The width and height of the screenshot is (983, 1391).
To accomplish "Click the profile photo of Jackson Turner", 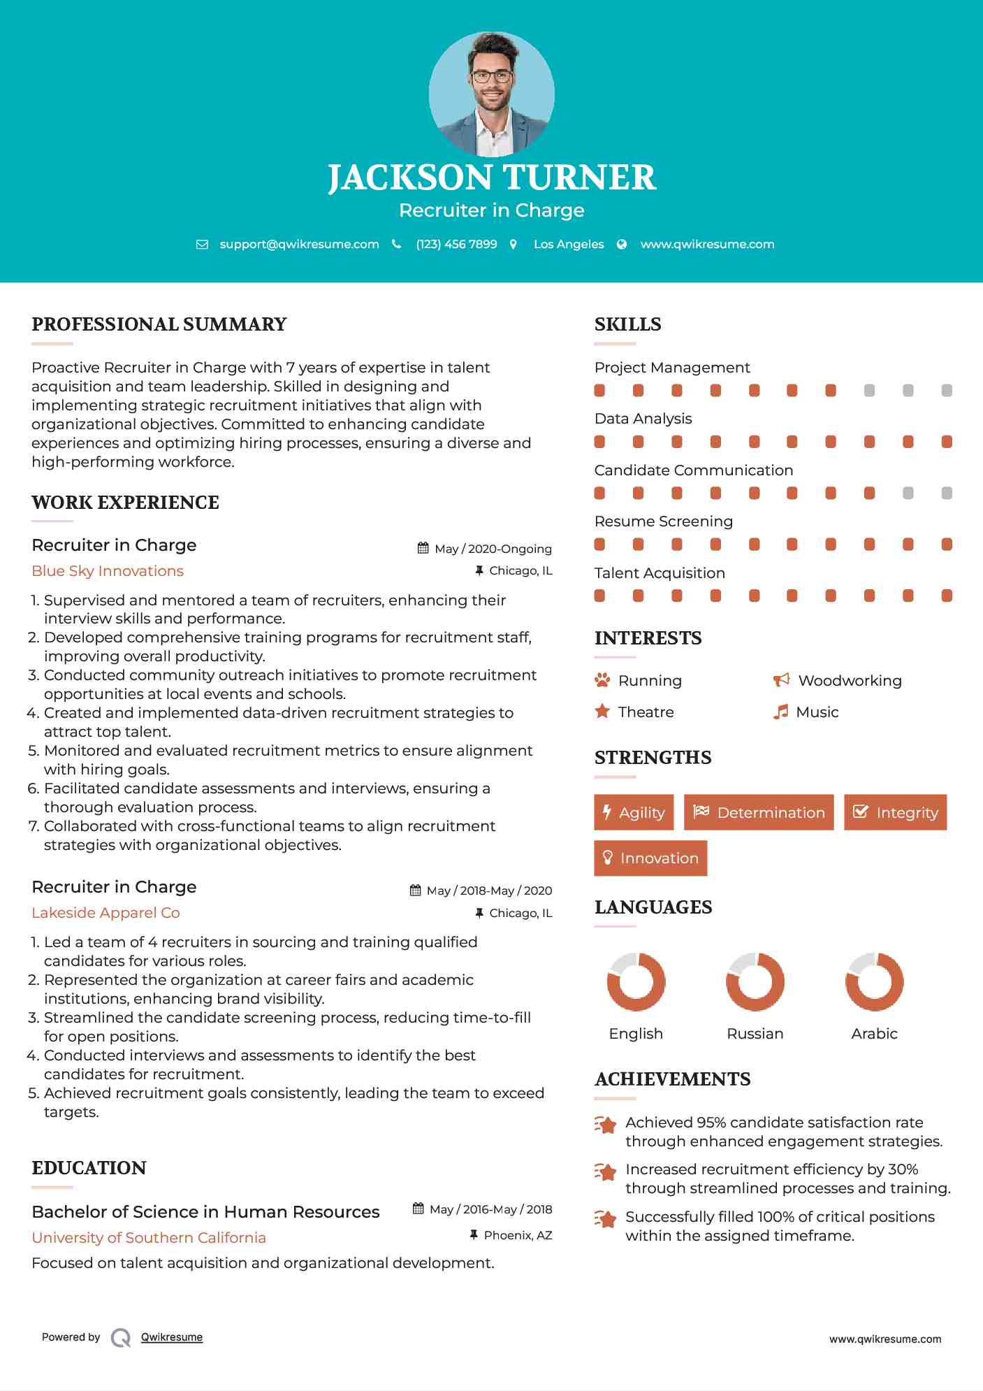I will [x=491, y=94].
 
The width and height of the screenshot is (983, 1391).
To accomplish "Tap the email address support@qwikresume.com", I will [x=299, y=244].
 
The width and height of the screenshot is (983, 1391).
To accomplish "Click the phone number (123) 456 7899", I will [x=456, y=244].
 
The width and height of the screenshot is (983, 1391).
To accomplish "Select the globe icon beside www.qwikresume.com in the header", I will [x=622, y=244].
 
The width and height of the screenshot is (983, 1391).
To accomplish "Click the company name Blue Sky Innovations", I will [x=108, y=570].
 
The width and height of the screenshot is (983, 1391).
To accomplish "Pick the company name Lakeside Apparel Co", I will [x=105, y=912].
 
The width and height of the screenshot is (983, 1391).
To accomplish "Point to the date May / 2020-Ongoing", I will [x=493, y=549].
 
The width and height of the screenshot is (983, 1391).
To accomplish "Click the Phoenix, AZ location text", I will [x=518, y=1235].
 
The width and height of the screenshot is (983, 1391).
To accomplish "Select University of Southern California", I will [x=149, y=1237].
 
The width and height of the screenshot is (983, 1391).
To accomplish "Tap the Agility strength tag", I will [x=634, y=812].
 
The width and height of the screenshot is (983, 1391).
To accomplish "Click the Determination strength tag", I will [x=759, y=812].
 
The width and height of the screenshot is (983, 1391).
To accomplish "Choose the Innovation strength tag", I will [x=650, y=858].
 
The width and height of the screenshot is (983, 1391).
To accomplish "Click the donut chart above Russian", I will [x=755, y=981].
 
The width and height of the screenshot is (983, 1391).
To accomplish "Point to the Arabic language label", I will [x=874, y=1033].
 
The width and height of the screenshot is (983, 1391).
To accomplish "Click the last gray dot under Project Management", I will [x=947, y=391].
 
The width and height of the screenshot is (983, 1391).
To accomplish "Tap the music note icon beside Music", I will [x=780, y=712].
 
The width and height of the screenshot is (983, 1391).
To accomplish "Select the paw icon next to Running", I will [x=602, y=680].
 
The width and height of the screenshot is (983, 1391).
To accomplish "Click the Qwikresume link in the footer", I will [x=172, y=1336].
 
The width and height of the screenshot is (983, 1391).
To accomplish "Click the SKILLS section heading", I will [x=627, y=324].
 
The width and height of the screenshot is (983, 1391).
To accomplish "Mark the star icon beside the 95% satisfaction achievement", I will [x=605, y=1125].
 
